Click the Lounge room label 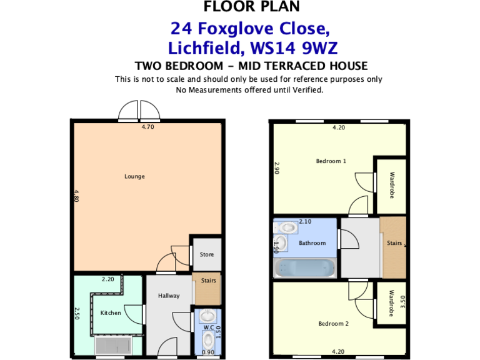(x=134, y=176)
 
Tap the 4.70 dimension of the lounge (x=147, y=127)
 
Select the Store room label (x=206, y=254)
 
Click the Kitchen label (x=111, y=312)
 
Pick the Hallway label (x=169, y=296)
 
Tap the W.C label (x=208, y=327)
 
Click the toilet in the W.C (x=208, y=341)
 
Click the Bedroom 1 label (x=331, y=161)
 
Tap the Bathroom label (x=312, y=242)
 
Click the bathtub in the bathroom (x=305, y=267)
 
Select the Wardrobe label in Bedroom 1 (x=391, y=186)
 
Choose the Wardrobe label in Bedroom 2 (x=391, y=303)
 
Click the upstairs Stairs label (x=394, y=242)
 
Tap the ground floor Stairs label (x=208, y=281)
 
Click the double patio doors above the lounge (x=139, y=111)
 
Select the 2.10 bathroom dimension (x=305, y=222)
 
